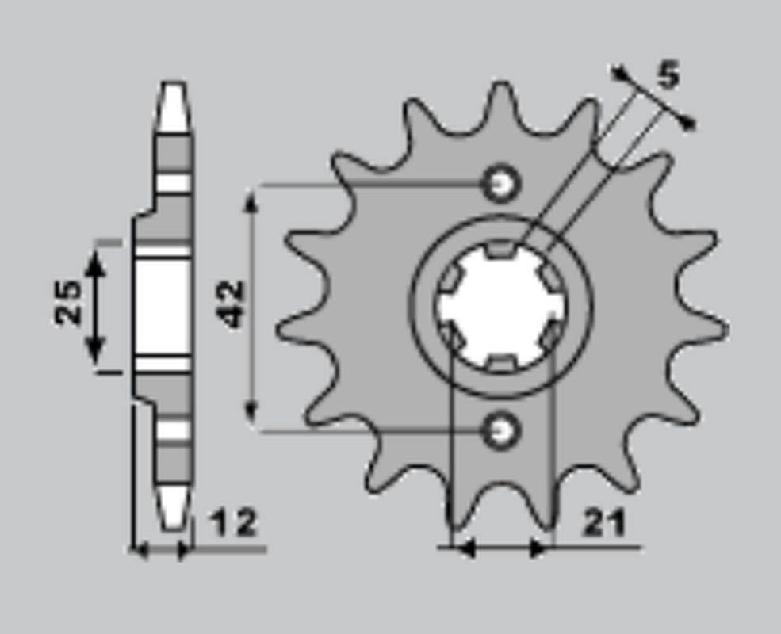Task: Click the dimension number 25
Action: [x=69, y=301]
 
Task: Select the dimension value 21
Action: [x=604, y=523]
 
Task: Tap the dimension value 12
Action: [x=235, y=523]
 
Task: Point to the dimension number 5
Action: [x=668, y=77]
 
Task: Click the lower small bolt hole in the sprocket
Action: [x=500, y=430]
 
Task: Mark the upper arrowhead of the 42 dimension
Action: [x=251, y=198]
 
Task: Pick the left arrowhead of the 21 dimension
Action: [x=462, y=548]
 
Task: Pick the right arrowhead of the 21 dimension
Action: [x=541, y=548]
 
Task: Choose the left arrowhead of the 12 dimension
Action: [x=140, y=548]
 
